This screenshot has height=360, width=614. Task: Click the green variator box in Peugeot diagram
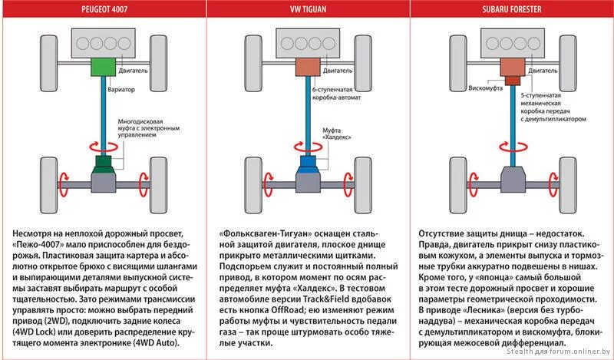tap(101, 67)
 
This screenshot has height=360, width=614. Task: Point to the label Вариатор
tap(121, 90)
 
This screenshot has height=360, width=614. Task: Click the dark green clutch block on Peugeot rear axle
tap(101, 164)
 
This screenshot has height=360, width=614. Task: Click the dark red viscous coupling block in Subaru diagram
tap(510, 79)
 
